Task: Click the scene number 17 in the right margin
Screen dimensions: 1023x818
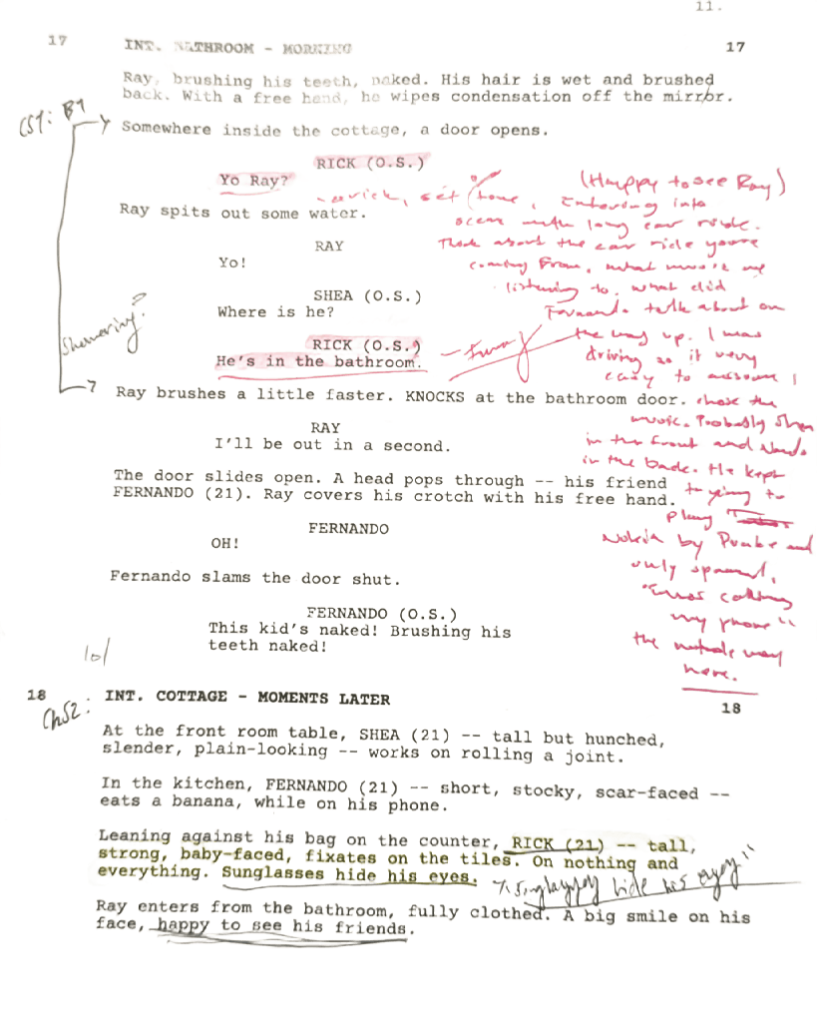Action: pos(735,48)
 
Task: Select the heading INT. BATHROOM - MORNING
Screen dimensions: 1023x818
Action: pos(237,47)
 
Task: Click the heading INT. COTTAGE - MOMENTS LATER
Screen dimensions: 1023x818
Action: pos(247,698)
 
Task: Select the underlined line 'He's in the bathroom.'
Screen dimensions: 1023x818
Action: pos(314,362)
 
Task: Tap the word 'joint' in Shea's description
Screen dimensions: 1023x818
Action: pos(596,756)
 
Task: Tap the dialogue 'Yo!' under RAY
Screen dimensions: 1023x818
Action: pos(231,263)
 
